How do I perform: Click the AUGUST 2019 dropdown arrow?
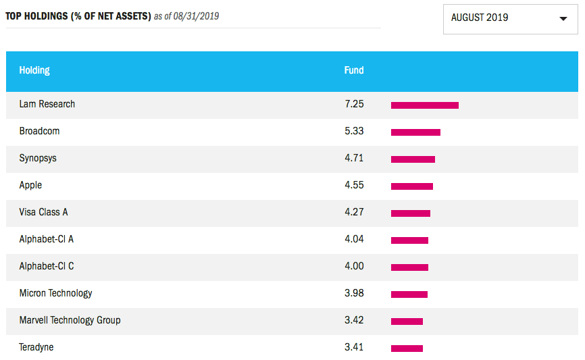563,18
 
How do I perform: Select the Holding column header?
34,70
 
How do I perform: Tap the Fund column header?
354,70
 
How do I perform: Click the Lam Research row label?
47,104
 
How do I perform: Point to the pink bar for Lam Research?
425,105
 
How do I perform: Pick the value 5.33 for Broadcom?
354,131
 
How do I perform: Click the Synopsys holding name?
38,158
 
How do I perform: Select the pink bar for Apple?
412,186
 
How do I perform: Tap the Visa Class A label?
43,212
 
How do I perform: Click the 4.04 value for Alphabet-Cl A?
354,238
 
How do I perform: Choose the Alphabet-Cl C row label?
46,266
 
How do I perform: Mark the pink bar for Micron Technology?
409,294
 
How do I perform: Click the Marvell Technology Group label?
70,320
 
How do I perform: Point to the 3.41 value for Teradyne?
354,347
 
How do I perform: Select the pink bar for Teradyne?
407,349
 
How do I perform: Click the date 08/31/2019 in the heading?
196,16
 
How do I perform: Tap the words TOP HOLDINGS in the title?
36,16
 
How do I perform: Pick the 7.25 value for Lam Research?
354,104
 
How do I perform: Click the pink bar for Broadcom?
415,132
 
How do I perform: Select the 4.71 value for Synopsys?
354,158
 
